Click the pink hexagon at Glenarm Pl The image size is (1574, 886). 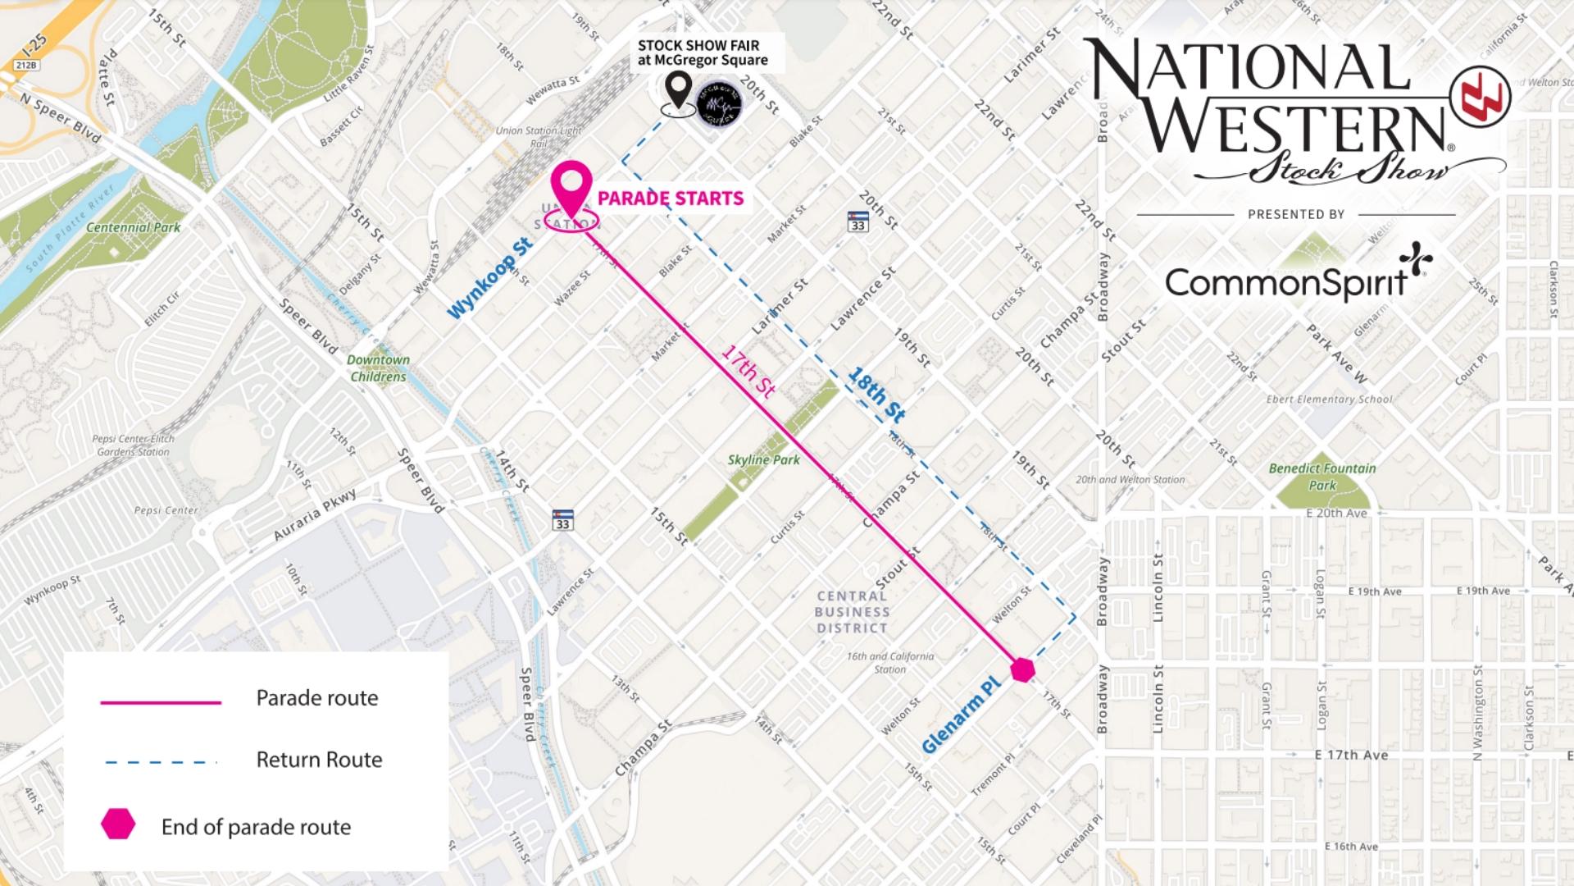(1022, 669)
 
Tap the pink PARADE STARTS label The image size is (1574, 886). (671, 199)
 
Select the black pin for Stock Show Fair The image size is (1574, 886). (678, 90)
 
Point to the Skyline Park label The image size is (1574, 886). (763, 460)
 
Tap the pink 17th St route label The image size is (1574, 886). (748, 371)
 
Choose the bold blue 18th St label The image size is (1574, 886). (876, 395)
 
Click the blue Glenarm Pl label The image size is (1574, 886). (962, 715)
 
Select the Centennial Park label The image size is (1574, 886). (133, 227)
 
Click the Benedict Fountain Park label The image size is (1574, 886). (1322, 477)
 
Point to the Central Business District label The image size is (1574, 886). (852, 612)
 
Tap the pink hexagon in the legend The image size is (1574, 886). (118, 824)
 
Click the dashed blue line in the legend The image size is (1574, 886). (161, 763)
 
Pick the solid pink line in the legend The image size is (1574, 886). (161, 703)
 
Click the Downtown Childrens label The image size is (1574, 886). (378, 368)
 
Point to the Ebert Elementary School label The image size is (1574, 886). (1329, 400)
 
